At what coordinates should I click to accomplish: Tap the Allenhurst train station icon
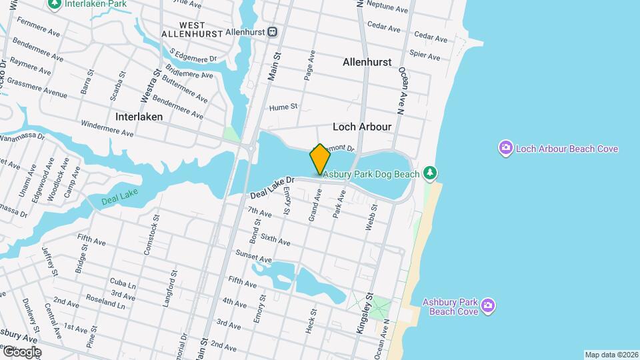click(x=273, y=31)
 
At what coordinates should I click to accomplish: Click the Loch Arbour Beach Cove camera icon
click(x=506, y=148)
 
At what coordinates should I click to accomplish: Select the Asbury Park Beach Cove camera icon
click(x=488, y=305)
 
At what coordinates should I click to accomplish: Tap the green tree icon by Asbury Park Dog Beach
click(x=431, y=174)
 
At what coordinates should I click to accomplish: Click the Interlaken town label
click(x=139, y=116)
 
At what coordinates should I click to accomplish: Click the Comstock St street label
click(x=152, y=234)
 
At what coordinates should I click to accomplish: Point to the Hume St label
click(x=283, y=107)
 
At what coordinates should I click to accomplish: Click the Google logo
click(x=22, y=351)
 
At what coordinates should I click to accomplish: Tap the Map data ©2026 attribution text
click(x=611, y=355)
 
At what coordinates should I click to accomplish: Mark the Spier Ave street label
click(x=425, y=55)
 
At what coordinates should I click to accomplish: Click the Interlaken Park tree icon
click(x=54, y=3)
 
